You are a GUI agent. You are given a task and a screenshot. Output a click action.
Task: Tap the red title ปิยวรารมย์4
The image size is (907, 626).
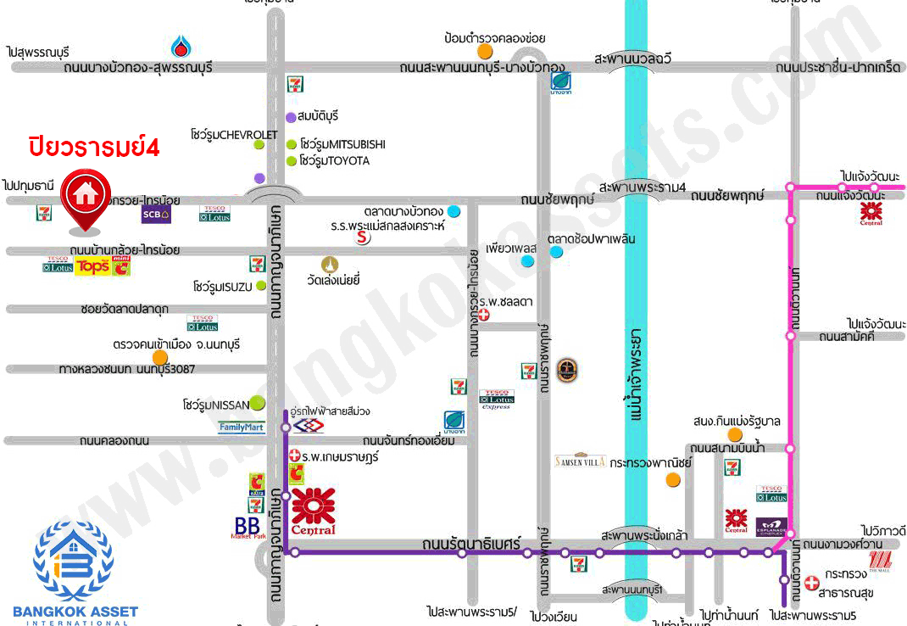tap(94, 145)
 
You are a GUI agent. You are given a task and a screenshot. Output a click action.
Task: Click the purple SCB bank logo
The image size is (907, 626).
tap(156, 214)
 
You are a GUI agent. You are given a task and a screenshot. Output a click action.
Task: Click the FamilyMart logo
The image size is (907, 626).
tap(242, 427)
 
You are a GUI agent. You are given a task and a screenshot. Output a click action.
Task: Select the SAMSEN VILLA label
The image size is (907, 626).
tap(580, 461)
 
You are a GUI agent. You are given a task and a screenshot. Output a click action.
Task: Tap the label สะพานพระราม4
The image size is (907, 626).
tap(641, 187)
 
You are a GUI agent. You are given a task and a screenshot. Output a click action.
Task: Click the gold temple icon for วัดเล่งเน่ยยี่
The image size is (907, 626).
tap(328, 265)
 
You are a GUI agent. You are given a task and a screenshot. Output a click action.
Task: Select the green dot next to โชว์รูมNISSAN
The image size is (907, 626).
tap(256, 404)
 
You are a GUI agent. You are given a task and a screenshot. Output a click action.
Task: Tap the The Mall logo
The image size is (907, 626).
tap(880, 560)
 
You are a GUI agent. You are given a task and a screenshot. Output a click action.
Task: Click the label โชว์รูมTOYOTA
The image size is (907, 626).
tap(333, 160)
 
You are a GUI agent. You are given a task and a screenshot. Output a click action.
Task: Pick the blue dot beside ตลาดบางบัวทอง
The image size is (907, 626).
tap(454, 210)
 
